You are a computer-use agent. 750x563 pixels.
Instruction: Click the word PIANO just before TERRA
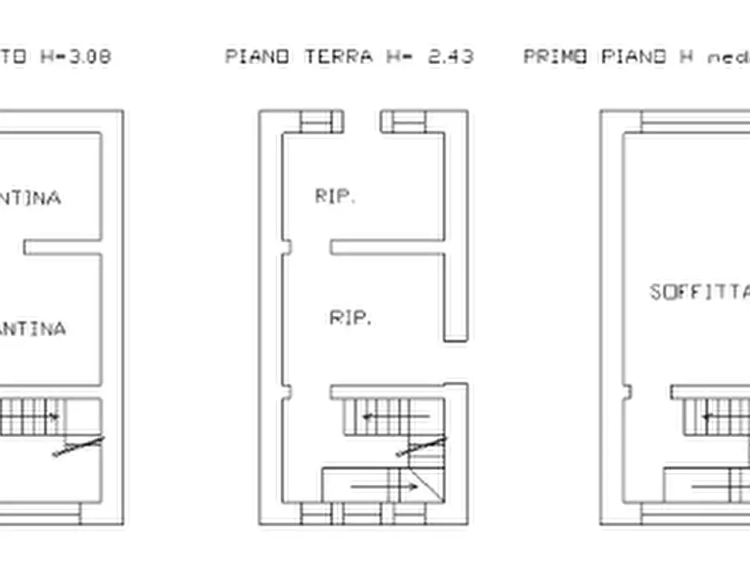[x=258, y=57]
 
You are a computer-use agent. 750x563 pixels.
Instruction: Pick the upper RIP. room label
[x=336, y=197]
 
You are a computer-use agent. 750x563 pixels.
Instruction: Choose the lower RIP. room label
[x=351, y=318]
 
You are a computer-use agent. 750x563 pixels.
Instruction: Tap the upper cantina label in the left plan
[x=30, y=198]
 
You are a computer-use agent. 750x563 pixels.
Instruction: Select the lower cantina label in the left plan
[x=32, y=329]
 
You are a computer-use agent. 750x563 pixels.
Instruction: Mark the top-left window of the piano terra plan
[x=322, y=122]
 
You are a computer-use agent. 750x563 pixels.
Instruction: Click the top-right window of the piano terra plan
[x=402, y=122]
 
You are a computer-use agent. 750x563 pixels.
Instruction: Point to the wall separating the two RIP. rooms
[x=386, y=247]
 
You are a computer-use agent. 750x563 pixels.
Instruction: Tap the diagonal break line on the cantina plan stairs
[x=78, y=446]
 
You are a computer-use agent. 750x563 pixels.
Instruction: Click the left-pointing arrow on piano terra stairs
[x=395, y=415]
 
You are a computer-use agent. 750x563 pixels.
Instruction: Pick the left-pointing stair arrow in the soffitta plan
[x=726, y=415]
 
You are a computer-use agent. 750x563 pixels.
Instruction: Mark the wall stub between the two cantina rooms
[x=62, y=247]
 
